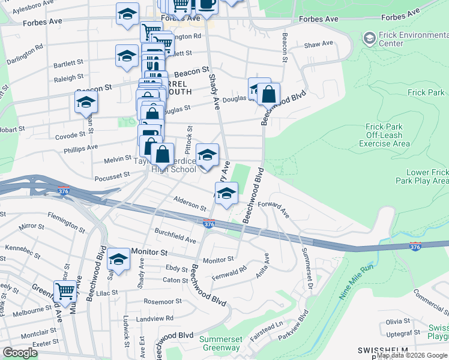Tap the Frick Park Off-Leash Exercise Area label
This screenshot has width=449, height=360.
click(388, 135)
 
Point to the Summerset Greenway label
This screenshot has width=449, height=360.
click(220, 343)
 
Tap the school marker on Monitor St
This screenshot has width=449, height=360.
click(119, 259)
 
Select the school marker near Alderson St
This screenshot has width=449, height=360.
click(226, 193)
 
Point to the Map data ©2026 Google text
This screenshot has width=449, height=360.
click(412, 355)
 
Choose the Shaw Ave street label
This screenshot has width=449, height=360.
click(318, 44)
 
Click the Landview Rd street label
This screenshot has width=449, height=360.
click(155, 318)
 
